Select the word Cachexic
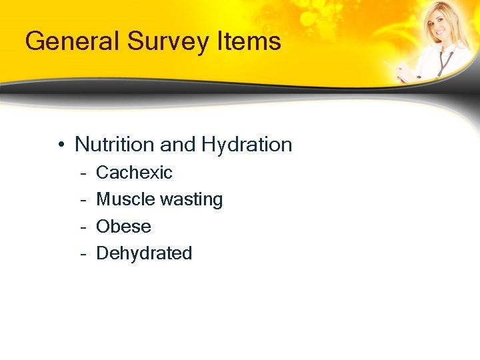pos(134,173)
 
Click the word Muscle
pos(123,199)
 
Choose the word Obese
pos(123,227)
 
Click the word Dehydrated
pos(144,253)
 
